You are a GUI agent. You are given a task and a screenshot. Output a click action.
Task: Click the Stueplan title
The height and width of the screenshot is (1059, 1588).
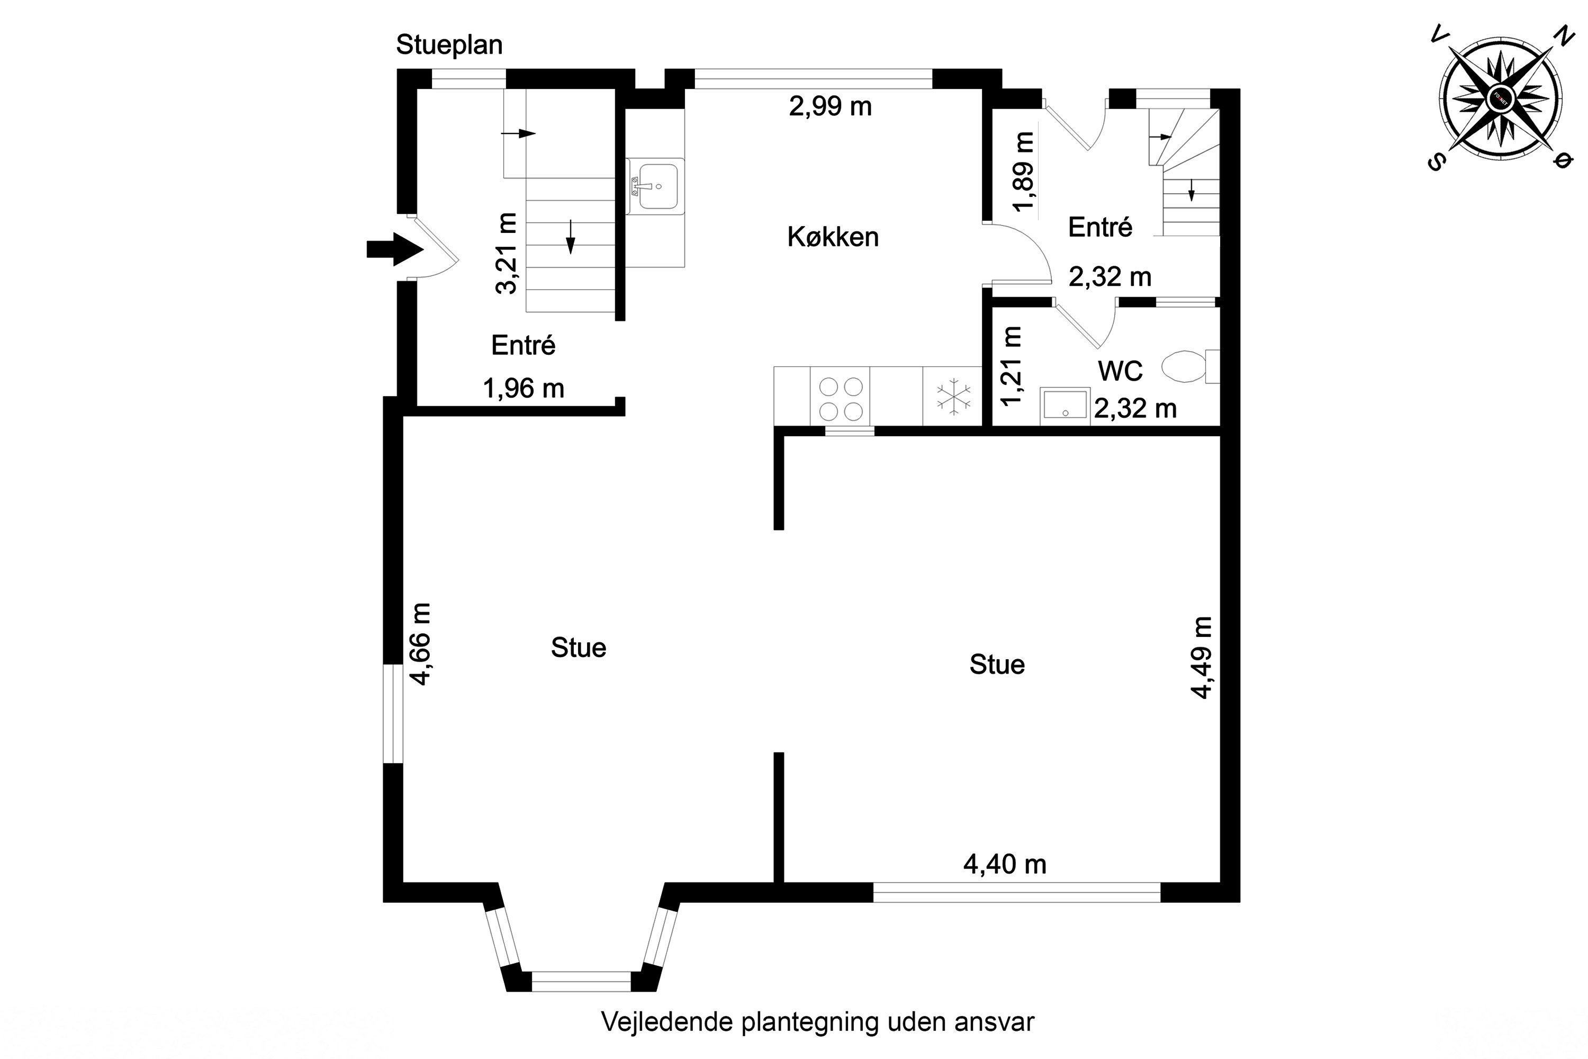(x=449, y=45)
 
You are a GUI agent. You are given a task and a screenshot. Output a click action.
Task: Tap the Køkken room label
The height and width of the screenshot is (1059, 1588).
(x=833, y=237)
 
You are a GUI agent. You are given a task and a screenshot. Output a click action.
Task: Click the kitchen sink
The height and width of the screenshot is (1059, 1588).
(x=656, y=186)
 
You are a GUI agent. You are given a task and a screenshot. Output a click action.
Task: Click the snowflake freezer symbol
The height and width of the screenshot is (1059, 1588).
(x=953, y=397)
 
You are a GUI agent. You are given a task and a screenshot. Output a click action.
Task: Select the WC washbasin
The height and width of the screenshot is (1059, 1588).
(x=1064, y=405)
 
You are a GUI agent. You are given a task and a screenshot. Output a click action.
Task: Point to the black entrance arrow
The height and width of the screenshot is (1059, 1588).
(x=394, y=249)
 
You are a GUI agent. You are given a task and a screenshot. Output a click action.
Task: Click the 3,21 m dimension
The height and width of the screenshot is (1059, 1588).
(x=507, y=253)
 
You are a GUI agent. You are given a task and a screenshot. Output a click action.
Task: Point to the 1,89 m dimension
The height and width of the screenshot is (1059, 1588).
(x=1024, y=172)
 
